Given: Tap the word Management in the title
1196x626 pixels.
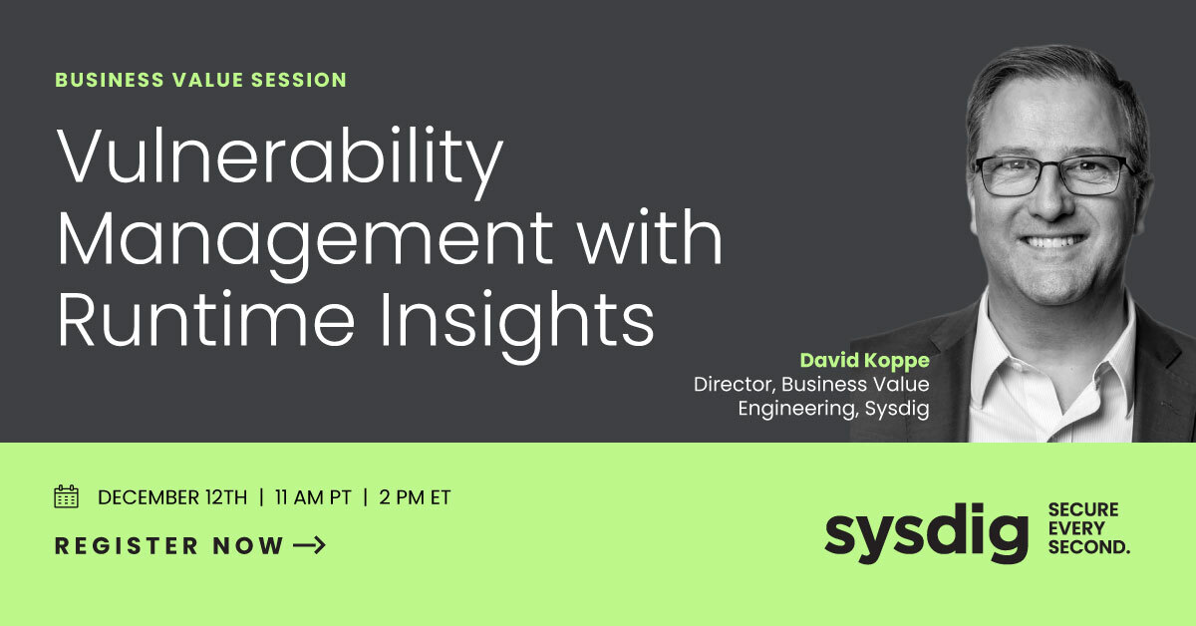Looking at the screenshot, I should click(x=304, y=239).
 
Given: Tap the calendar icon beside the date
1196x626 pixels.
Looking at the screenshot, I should click(x=67, y=496).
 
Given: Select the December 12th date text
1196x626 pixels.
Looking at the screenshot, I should click(x=171, y=497).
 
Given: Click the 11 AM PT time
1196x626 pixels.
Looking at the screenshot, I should click(x=312, y=497).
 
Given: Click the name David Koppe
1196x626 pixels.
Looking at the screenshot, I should click(x=864, y=360).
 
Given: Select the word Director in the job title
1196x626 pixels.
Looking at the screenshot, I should click(x=734, y=384).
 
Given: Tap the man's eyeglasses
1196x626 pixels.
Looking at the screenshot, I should click(x=1052, y=175).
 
